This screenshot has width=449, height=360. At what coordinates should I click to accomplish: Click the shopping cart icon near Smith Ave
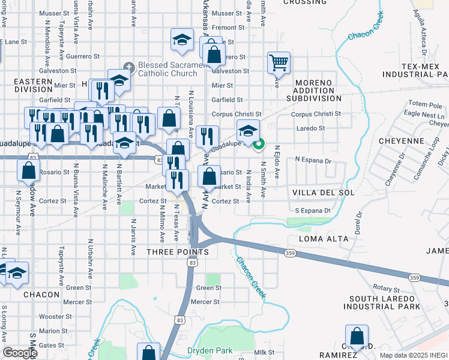[279, 62]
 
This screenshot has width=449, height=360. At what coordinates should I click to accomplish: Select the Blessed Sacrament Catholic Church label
[167, 70]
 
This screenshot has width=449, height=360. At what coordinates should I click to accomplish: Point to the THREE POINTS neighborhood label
[178, 252]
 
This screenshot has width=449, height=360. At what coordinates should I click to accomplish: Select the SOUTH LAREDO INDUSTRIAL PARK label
[381, 302]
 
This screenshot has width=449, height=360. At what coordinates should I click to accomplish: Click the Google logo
[20, 353]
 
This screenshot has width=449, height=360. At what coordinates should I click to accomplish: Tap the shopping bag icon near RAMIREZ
[357, 337]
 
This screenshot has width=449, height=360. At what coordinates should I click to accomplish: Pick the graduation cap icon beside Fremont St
[181, 41]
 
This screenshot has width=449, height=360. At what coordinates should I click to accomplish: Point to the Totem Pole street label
[424, 104]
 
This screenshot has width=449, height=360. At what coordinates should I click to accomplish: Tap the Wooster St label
[56, 316]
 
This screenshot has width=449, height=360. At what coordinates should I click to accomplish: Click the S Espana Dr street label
[312, 211]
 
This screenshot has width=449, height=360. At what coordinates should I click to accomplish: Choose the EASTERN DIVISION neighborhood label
[33, 85]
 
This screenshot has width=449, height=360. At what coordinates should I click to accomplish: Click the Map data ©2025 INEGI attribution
[414, 355]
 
